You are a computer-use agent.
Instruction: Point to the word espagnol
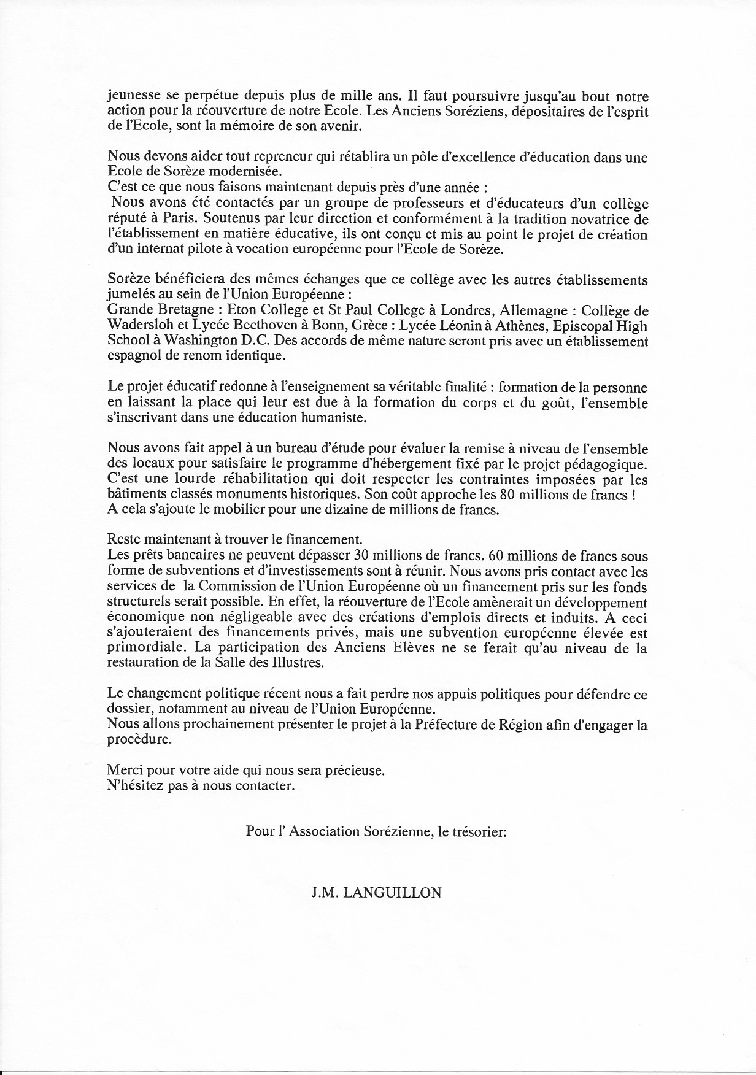pyautogui.click(x=133, y=356)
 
